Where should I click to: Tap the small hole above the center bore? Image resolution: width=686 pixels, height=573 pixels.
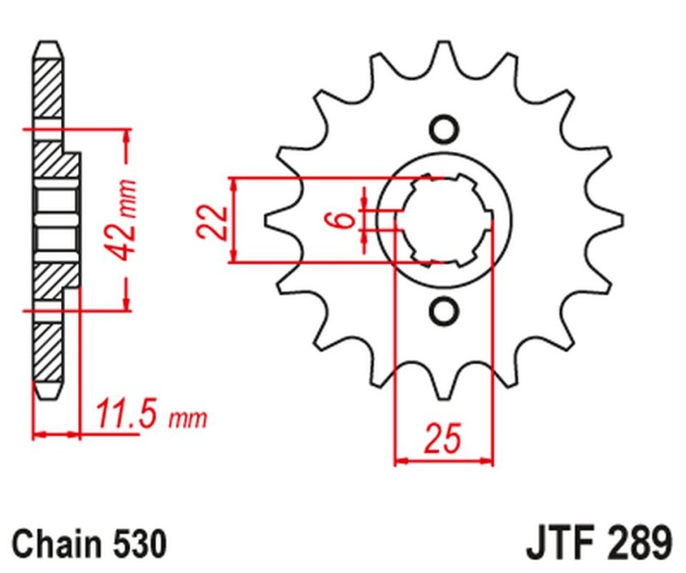(x=443, y=130)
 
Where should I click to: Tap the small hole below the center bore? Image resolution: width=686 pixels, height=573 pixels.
(x=443, y=311)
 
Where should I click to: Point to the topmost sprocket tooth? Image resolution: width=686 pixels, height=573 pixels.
(x=443, y=47)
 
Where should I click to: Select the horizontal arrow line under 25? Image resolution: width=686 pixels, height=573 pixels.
(x=443, y=462)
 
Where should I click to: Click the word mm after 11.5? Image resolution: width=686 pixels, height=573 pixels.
(x=190, y=419)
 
